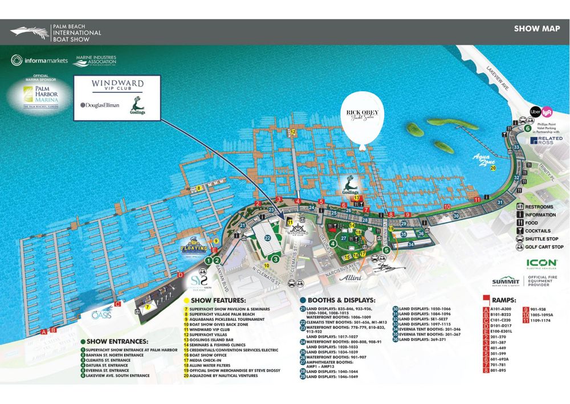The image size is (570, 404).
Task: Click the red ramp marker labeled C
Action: [x=117, y=304]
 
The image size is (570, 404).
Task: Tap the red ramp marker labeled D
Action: [x=181, y=276]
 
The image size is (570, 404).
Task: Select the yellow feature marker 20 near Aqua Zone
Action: [x=493, y=168]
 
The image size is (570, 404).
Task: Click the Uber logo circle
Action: [x=535, y=112]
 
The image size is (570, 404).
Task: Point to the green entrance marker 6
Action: [x=528, y=128]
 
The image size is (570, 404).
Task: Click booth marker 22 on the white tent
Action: [x=267, y=238]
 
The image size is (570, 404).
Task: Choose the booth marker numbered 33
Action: [x=516, y=148]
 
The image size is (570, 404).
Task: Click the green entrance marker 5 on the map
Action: [x=386, y=249]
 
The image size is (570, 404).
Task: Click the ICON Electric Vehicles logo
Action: [x=534, y=265]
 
